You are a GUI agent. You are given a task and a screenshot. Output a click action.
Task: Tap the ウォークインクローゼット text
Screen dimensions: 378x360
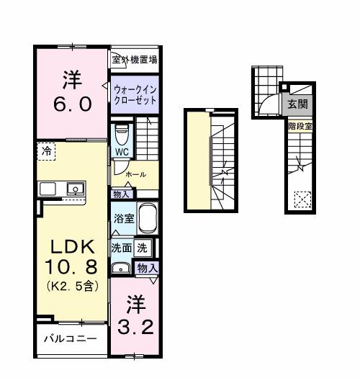[134, 93]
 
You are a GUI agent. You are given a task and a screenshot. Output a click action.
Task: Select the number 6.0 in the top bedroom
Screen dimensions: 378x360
[71, 104]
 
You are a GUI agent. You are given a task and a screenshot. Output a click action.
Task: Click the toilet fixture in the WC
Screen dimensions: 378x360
[121, 134]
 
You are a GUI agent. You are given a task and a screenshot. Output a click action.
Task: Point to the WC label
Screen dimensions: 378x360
[120, 153]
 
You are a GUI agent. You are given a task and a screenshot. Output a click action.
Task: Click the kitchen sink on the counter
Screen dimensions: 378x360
[75, 189]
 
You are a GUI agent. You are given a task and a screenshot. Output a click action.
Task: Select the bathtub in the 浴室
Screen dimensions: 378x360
[148, 217]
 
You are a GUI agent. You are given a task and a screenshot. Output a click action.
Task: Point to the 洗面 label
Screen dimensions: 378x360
[120, 247]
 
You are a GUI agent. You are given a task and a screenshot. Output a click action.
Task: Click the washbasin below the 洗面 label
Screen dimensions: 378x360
[120, 269]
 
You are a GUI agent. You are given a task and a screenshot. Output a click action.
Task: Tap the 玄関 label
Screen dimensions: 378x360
[297, 104]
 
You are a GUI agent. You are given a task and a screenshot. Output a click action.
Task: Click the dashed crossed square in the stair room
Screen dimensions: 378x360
[302, 197]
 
